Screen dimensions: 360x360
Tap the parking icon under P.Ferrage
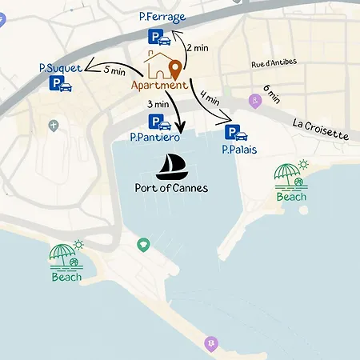point(158,36)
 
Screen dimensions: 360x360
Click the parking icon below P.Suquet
point(60,83)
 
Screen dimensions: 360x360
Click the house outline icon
point(158,66)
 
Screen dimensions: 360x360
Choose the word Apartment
point(159,85)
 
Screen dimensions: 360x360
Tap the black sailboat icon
point(170,166)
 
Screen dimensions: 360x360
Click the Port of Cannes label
point(171,189)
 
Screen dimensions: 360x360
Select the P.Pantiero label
point(155,138)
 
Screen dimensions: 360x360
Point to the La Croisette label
point(320,129)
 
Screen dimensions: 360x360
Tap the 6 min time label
point(271,95)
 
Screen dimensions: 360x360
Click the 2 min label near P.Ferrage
point(198,48)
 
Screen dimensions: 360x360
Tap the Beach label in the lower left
point(66,277)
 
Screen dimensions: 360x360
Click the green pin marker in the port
point(143,244)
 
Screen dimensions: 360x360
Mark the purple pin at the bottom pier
point(211,343)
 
